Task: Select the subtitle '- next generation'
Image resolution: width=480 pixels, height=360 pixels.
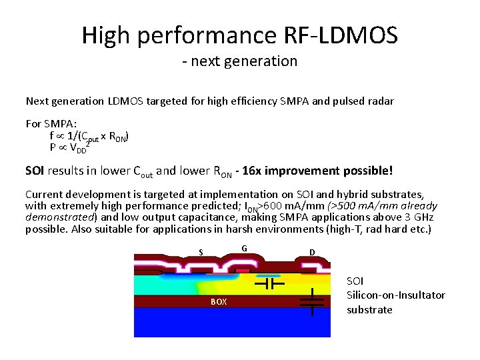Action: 239,61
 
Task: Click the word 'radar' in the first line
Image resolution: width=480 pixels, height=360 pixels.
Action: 379,102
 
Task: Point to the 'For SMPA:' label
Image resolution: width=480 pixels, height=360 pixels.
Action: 51,123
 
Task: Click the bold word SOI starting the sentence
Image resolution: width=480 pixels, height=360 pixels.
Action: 35,171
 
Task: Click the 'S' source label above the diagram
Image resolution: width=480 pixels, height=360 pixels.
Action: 201,252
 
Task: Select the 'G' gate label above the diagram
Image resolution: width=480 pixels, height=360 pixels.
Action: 245,249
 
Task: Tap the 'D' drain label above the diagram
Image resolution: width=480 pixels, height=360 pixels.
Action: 311,252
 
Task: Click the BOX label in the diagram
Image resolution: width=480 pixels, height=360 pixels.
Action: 219,302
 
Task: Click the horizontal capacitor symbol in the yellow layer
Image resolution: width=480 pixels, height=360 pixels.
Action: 271,283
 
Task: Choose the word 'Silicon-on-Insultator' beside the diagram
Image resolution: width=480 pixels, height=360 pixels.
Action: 395,295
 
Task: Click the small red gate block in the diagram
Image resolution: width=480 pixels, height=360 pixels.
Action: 242,271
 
